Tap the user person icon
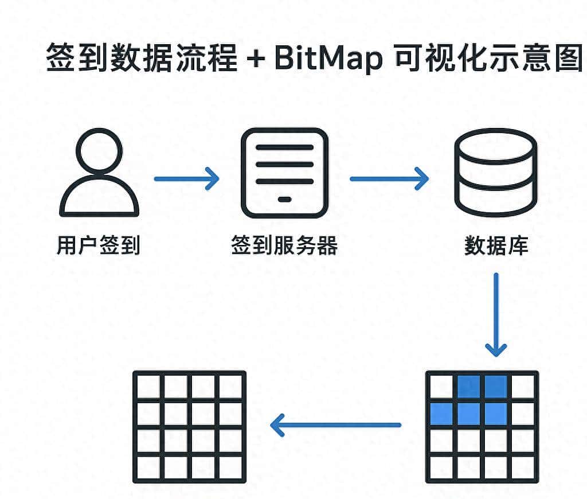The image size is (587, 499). click(x=99, y=172)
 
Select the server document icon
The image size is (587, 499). click(x=284, y=173)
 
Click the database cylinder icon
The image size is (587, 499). click(x=495, y=172)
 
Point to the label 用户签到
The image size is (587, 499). click(x=99, y=245)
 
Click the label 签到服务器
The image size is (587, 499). click(x=284, y=245)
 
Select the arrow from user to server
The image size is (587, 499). click(x=186, y=178)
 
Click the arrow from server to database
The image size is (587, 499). click(x=389, y=178)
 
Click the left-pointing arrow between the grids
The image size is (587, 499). click(x=335, y=425)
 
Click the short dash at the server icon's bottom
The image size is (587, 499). click(x=284, y=200)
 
